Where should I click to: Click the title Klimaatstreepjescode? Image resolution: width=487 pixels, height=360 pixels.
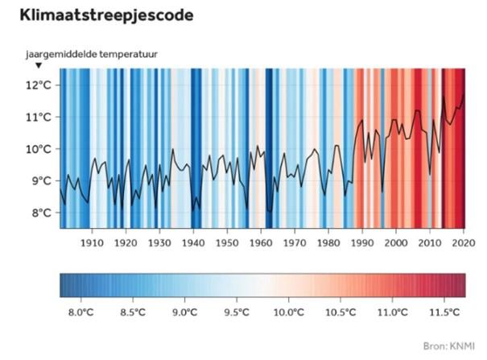tap(106, 15)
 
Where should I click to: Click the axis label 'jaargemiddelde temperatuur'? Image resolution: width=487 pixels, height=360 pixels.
tap(92, 54)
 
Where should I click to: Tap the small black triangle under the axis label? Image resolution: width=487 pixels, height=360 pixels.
tap(39, 65)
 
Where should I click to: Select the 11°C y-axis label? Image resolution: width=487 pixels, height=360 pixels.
tap(38, 117)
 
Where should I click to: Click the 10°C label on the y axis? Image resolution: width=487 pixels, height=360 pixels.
tap(38, 149)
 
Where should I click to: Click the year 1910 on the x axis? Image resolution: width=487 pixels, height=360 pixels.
tap(92, 242)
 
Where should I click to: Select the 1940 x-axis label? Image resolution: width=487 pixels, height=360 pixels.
tap(193, 242)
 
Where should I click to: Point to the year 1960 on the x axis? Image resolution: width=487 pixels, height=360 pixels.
tap(261, 242)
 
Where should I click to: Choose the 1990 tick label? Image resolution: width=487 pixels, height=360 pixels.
tap(362, 242)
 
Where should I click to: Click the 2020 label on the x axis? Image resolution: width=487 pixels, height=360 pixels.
tap(464, 242)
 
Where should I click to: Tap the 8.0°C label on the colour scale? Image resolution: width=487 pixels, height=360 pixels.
tap(81, 312)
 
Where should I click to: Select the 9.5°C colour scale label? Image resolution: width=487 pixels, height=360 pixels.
tap(237, 312)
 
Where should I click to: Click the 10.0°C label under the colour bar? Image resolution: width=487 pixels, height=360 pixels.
tap(288, 312)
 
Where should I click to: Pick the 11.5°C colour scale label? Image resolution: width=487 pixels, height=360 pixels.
tap(444, 312)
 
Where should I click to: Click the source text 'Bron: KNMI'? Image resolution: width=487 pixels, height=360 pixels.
tap(449, 346)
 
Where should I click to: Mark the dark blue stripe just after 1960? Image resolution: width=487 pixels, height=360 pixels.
tap(269, 148)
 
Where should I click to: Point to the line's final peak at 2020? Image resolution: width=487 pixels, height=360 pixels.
tap(464, 94)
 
